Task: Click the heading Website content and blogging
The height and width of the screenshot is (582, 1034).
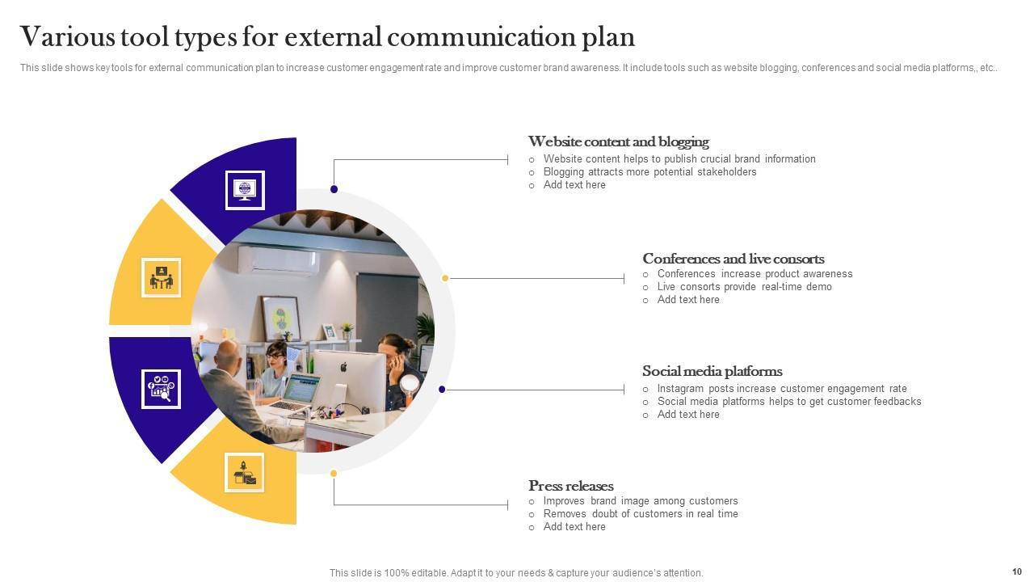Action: (x=618, y=142)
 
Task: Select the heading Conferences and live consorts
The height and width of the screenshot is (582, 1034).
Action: (x=733, y=259)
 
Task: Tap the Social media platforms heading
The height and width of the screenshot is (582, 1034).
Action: (x=712, y=372)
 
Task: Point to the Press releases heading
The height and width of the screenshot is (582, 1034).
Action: (x=570, y=487)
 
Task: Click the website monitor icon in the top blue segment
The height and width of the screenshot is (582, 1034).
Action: (x=245, y=190)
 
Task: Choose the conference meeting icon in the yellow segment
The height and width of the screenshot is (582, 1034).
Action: (x=161, y=277)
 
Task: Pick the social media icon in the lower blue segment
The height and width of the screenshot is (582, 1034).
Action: (x=161, y=389)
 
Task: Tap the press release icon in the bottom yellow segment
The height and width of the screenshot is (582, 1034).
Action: (x=245, y=474)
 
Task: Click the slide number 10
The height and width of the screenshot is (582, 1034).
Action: (x=1016, y=571)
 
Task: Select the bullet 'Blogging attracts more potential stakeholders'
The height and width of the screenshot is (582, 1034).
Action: (x=649, y=172)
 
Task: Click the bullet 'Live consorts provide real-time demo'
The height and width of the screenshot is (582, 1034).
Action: (x=744, y=287)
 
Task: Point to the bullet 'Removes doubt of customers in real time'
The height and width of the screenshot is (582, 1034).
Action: (x=641, y=514)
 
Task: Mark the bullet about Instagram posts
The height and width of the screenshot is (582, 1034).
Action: (x=782, y=389)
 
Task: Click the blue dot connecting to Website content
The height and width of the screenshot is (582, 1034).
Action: (x=334, y=189)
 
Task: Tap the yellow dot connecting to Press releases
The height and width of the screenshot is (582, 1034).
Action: (x=334, y=474)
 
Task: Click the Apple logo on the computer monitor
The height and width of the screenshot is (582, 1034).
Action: (x=343, y=366)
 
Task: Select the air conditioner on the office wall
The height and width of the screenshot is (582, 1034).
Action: (x=280, y=259)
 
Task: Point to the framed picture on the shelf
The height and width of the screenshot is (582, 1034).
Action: (x=281, y=318)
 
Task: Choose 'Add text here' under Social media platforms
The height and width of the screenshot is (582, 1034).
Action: (x=688, y=415)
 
